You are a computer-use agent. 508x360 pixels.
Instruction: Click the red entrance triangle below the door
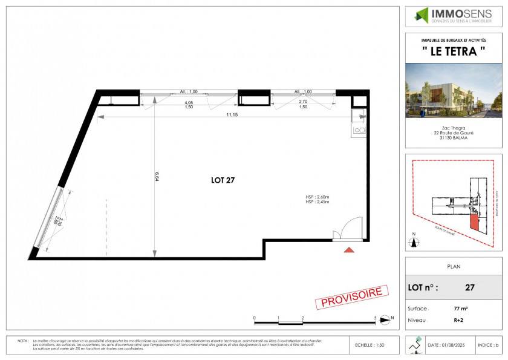click(x=349, y=249)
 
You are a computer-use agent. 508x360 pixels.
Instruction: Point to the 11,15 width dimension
click(x=232, y=114)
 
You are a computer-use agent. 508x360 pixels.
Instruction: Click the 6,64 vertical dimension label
click(x=157, y=176)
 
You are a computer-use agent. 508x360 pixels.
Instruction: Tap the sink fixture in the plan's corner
click(x=359, y=128)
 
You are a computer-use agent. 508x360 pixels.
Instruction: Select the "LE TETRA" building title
click(x=453, y=51)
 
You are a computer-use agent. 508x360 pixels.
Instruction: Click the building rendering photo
click(x=453, y=91)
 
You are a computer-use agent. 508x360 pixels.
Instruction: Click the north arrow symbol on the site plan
click(x=414, y=242)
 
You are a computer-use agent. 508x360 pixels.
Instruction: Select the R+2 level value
click(x=461, y=320)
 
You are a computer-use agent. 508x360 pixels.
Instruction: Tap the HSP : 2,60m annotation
click(x=318, y=197)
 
